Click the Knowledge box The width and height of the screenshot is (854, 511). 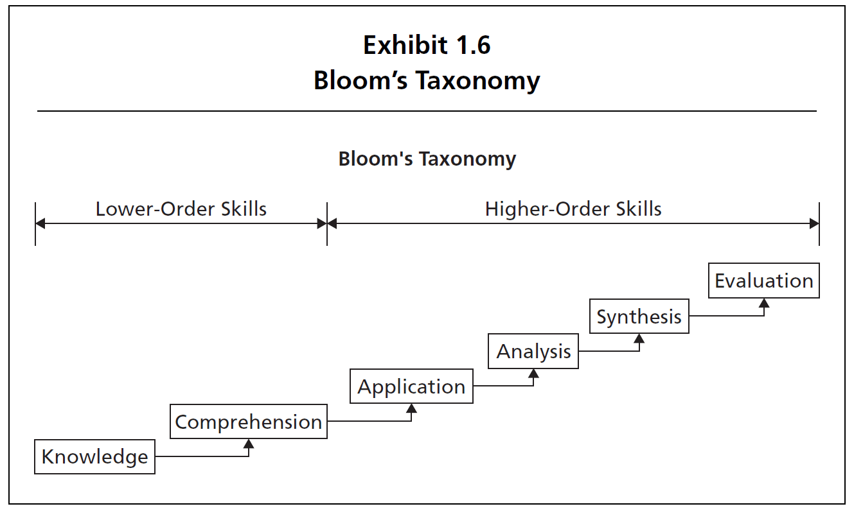pyautogui.click(x=94, y=456)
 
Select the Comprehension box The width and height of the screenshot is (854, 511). pyautogui.click(x=249, y=422)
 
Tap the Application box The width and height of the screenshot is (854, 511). pyautogui.click(x=411, y=386)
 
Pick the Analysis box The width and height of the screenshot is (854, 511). pyautogui.click(x=533, y=351)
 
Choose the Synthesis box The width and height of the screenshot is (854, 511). pyautogui.click(x=639, y=316)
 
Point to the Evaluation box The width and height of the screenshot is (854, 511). pyautogui.click(x=763, y=281)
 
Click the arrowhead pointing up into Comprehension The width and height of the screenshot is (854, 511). pyautogui.click(x=249, y=444)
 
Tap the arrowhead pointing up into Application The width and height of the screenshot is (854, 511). pyautogui.click(x=412, y=408)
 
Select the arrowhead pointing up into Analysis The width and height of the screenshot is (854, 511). pyautogui.click(x=533, y=373)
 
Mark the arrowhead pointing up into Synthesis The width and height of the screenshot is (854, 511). pyautogui.click(x=639, y=338)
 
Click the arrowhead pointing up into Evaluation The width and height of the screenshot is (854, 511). pyautogui.click(x=763, y=302)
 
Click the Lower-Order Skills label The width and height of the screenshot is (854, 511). pyautogui.click(x=181, y=209)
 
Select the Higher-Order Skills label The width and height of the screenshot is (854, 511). pyautogui.click(x=573, y=209)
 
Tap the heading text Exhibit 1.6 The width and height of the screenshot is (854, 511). pyautogui.click(x=427, y=46)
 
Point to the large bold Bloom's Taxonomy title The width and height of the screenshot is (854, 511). pyautogui.click(x=427, y=81)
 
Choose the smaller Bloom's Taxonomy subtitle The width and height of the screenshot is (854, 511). pyautogui.click(x=427, y=159)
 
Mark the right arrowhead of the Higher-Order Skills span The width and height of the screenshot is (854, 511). pyautogui.click(x=814, y=223)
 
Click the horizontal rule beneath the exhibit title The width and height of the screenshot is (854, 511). pyautogui.click(x=427, y=111)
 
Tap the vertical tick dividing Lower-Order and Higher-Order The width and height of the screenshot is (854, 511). pyautogui.click(x=327, y=223)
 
